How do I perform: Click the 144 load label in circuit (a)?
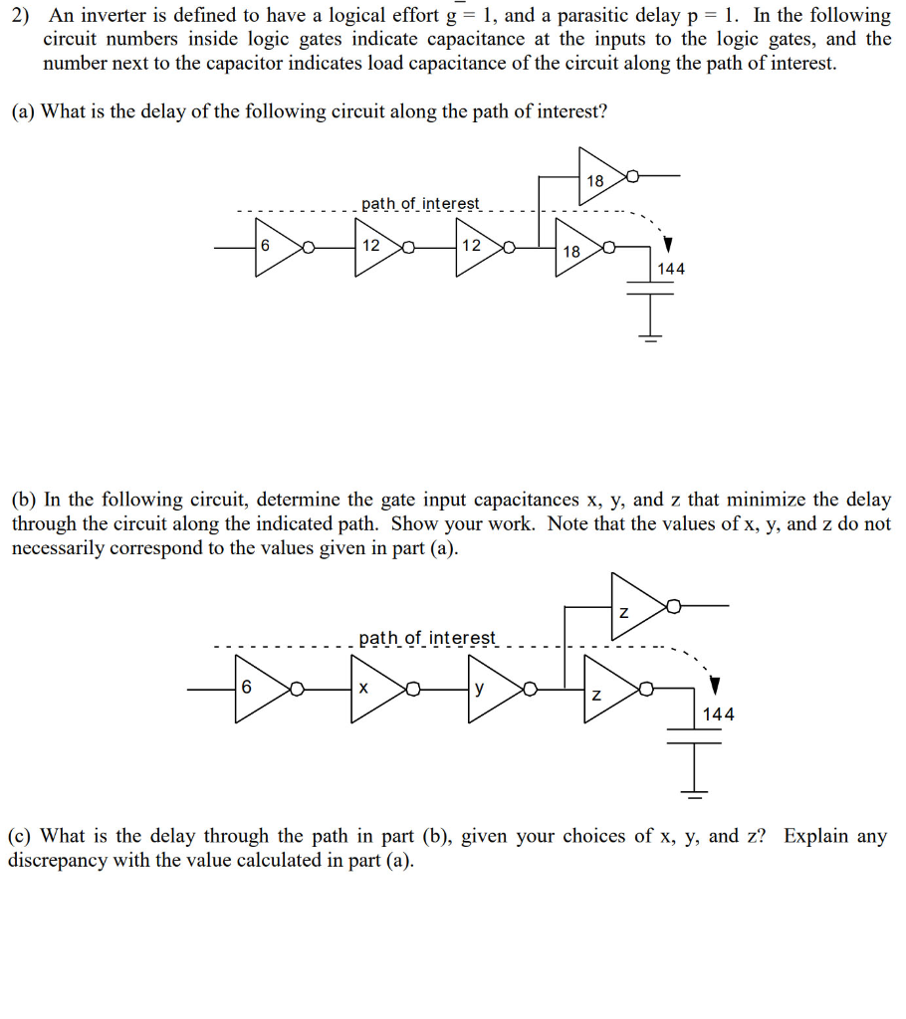[x=670, y=268]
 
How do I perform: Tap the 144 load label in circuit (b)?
[x=718, y=713]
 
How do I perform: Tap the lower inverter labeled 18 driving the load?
[x=580, y=251]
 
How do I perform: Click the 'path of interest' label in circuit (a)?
[x=420, y=203]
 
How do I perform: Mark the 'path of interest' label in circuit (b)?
[x=426, y=637]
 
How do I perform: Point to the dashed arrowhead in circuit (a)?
[x=669, y=244]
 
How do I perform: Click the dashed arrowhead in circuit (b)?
[x=714, y=687]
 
